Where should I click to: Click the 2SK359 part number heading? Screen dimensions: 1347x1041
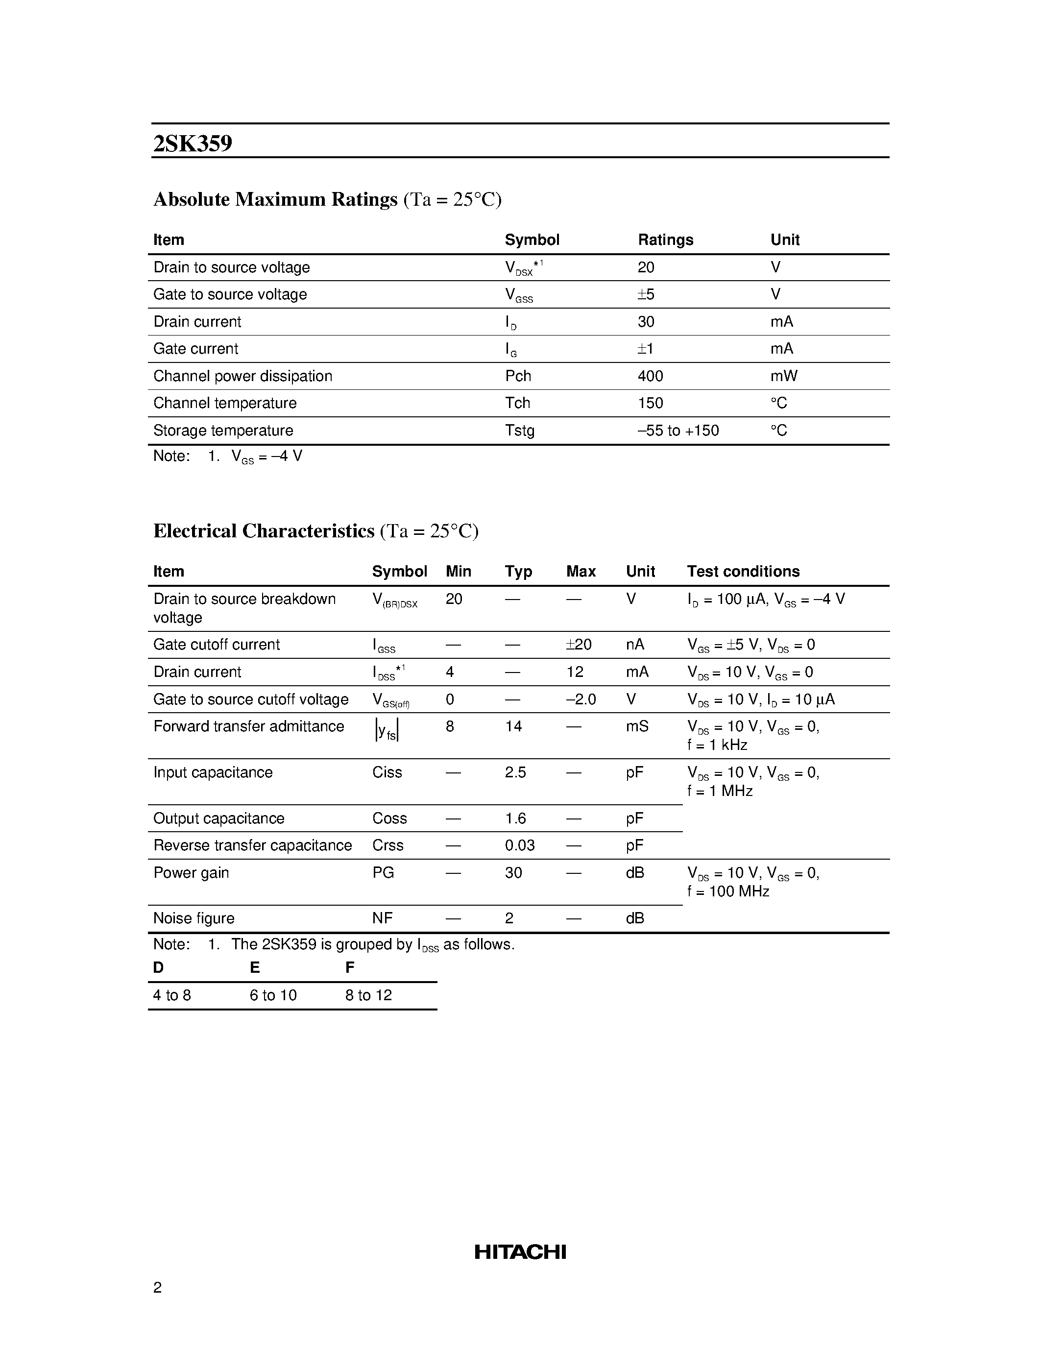click(193, 144)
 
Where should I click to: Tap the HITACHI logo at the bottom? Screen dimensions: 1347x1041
click(520, 1251)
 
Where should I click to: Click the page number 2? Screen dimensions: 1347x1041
click(157, 1287)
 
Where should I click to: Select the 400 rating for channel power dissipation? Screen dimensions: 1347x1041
click(650, 376)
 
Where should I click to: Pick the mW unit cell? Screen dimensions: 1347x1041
click(783, 376)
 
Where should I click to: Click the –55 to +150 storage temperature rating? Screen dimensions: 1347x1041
click(678, 431)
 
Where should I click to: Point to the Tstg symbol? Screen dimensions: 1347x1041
click(519, 431)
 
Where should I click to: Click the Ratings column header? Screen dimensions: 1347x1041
click(665, 240)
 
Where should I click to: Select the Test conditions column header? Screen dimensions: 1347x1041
click(743, 572)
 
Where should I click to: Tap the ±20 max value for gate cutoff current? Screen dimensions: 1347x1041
click(579, 645)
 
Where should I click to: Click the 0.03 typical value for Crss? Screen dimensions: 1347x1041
click(519, 845)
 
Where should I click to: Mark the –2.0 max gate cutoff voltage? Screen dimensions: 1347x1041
click(581, 699)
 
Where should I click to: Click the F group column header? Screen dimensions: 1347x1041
click(350, 968)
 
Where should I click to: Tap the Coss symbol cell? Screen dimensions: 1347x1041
click(389, 818)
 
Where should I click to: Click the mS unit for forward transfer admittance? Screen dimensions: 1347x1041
click(636, 726)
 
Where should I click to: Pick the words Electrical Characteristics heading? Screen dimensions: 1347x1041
click(264, 531)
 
